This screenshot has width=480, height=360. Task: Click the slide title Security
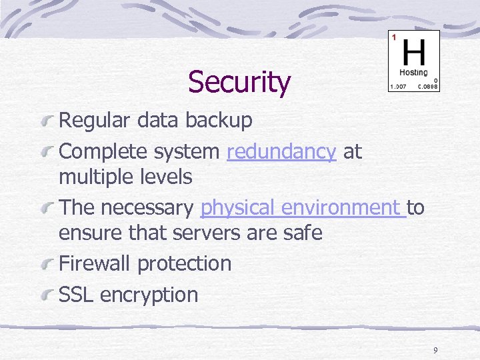tap(239, 83)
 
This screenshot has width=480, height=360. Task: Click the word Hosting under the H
tap(413, 72)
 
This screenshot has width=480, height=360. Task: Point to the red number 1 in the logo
tap(393, 37)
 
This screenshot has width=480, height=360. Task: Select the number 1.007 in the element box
tap(398, 87)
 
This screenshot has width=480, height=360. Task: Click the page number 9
tap(435, 350)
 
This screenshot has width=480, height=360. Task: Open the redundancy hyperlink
tap(281, 152)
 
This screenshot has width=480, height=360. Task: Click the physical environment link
tap(303, 208)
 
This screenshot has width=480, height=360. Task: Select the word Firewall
tap(95, 263)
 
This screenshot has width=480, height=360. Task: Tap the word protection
tap(184, 264)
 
